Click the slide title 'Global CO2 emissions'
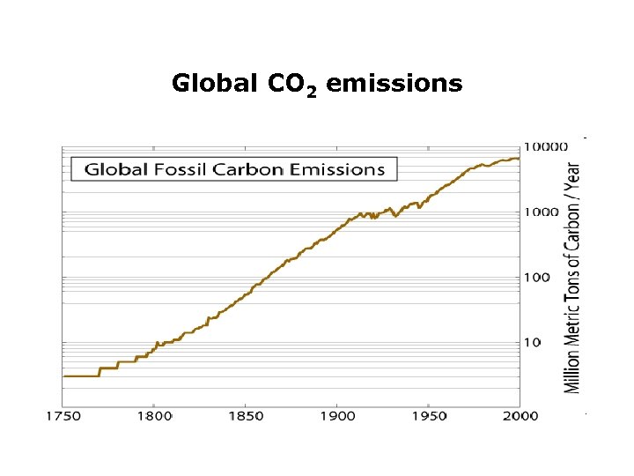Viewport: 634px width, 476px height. click(x=317, y=84)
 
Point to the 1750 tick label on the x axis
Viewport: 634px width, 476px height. click(x=61, y=415)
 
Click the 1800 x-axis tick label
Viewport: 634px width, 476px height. click(x=153, y=415)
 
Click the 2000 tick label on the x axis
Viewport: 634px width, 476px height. click(x=520, y=415)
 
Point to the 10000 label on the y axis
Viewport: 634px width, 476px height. click(x=546, y=146)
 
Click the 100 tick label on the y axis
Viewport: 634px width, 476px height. click(x=538, y=277)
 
